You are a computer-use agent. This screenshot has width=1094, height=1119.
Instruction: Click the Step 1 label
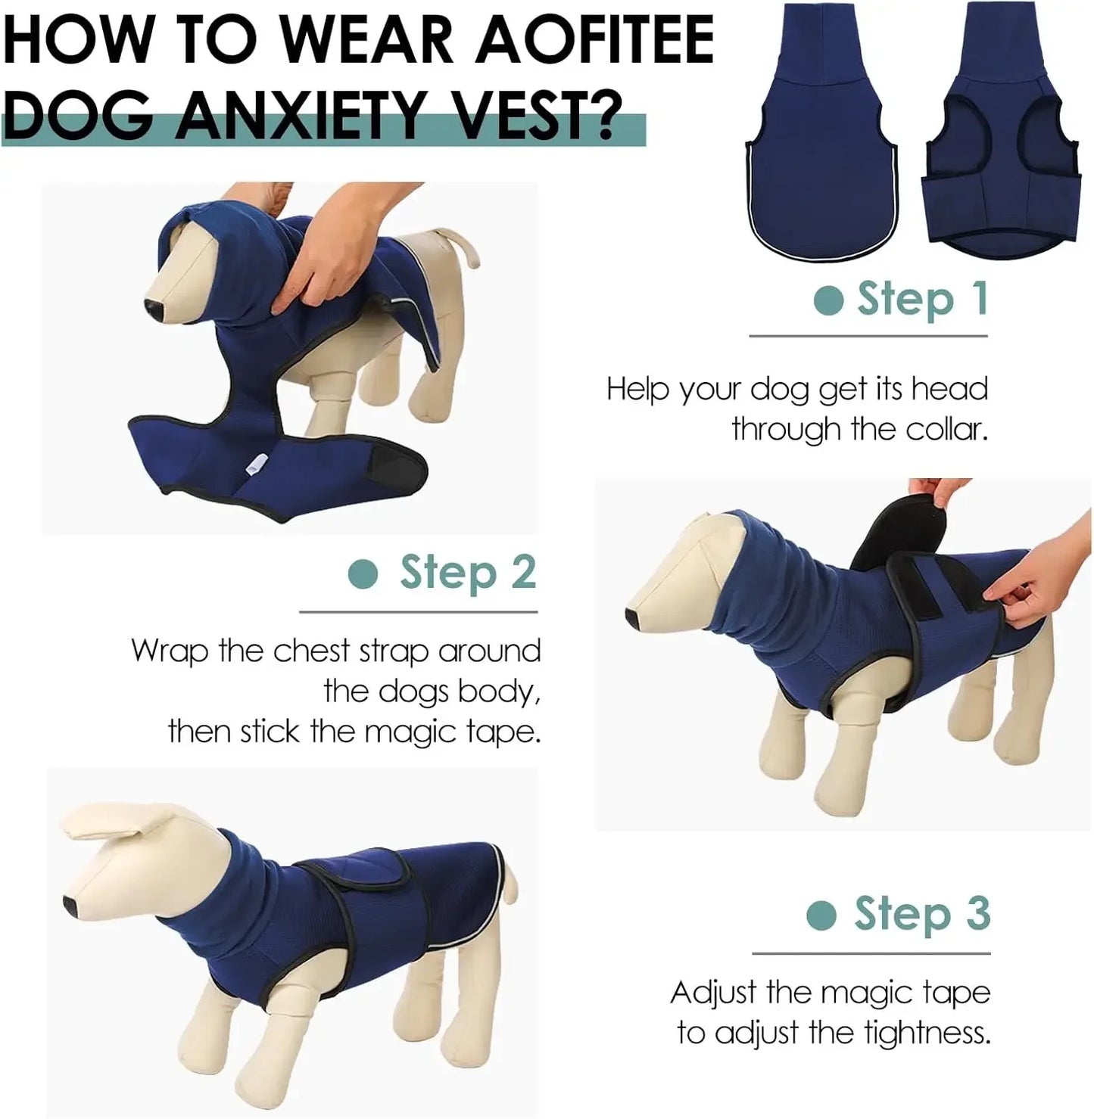tap(921, 299)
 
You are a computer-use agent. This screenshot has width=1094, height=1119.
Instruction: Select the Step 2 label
tap(468, 573)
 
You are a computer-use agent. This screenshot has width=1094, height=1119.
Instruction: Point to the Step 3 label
tap(921, 914)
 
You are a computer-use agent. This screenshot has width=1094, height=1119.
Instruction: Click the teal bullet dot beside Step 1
tap(828, 300)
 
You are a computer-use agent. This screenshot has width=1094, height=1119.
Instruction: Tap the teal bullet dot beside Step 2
tap(363, 574)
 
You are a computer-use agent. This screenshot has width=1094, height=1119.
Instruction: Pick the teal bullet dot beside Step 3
tap(821, 915)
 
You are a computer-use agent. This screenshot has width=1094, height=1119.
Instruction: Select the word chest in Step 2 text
tap(311, 651)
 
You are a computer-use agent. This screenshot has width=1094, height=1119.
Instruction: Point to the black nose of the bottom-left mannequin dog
tap(69, 904)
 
